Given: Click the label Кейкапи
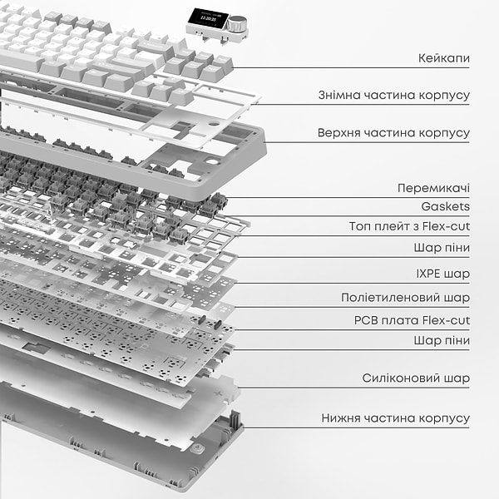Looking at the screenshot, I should coord(444,60).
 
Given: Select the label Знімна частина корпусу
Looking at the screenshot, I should coord(393,95).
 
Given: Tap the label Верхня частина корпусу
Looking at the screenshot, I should coord(393,133).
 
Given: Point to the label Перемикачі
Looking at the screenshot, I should coord(433,188).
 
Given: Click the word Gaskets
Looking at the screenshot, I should coord(445,206).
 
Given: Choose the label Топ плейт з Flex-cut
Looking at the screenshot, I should coord(409,226).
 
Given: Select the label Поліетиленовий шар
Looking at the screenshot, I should coord(405,297).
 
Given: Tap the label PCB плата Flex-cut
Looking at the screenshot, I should coord(412,320).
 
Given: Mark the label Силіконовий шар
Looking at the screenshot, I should coord(416,378).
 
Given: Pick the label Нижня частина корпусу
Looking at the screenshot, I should coord(396,418).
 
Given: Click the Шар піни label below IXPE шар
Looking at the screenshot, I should coord(441,340).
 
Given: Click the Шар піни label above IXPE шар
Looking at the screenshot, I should coord(441,248).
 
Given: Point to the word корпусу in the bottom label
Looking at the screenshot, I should coord(446,418).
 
